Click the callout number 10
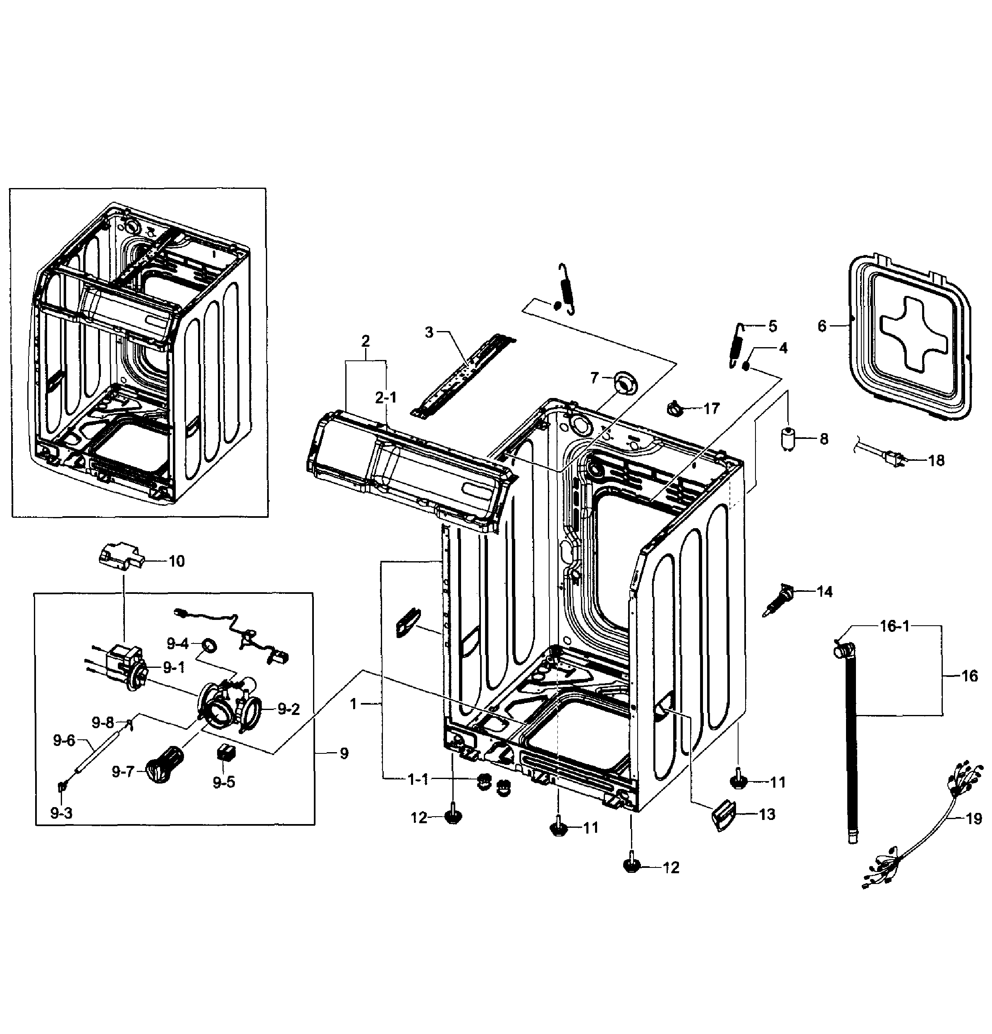click(176, 561)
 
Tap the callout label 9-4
click(177, 643)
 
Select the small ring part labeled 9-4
click(210, 645)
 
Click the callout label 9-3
click(61, 813)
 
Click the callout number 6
click(822, 326)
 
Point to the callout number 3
click(429, 332)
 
